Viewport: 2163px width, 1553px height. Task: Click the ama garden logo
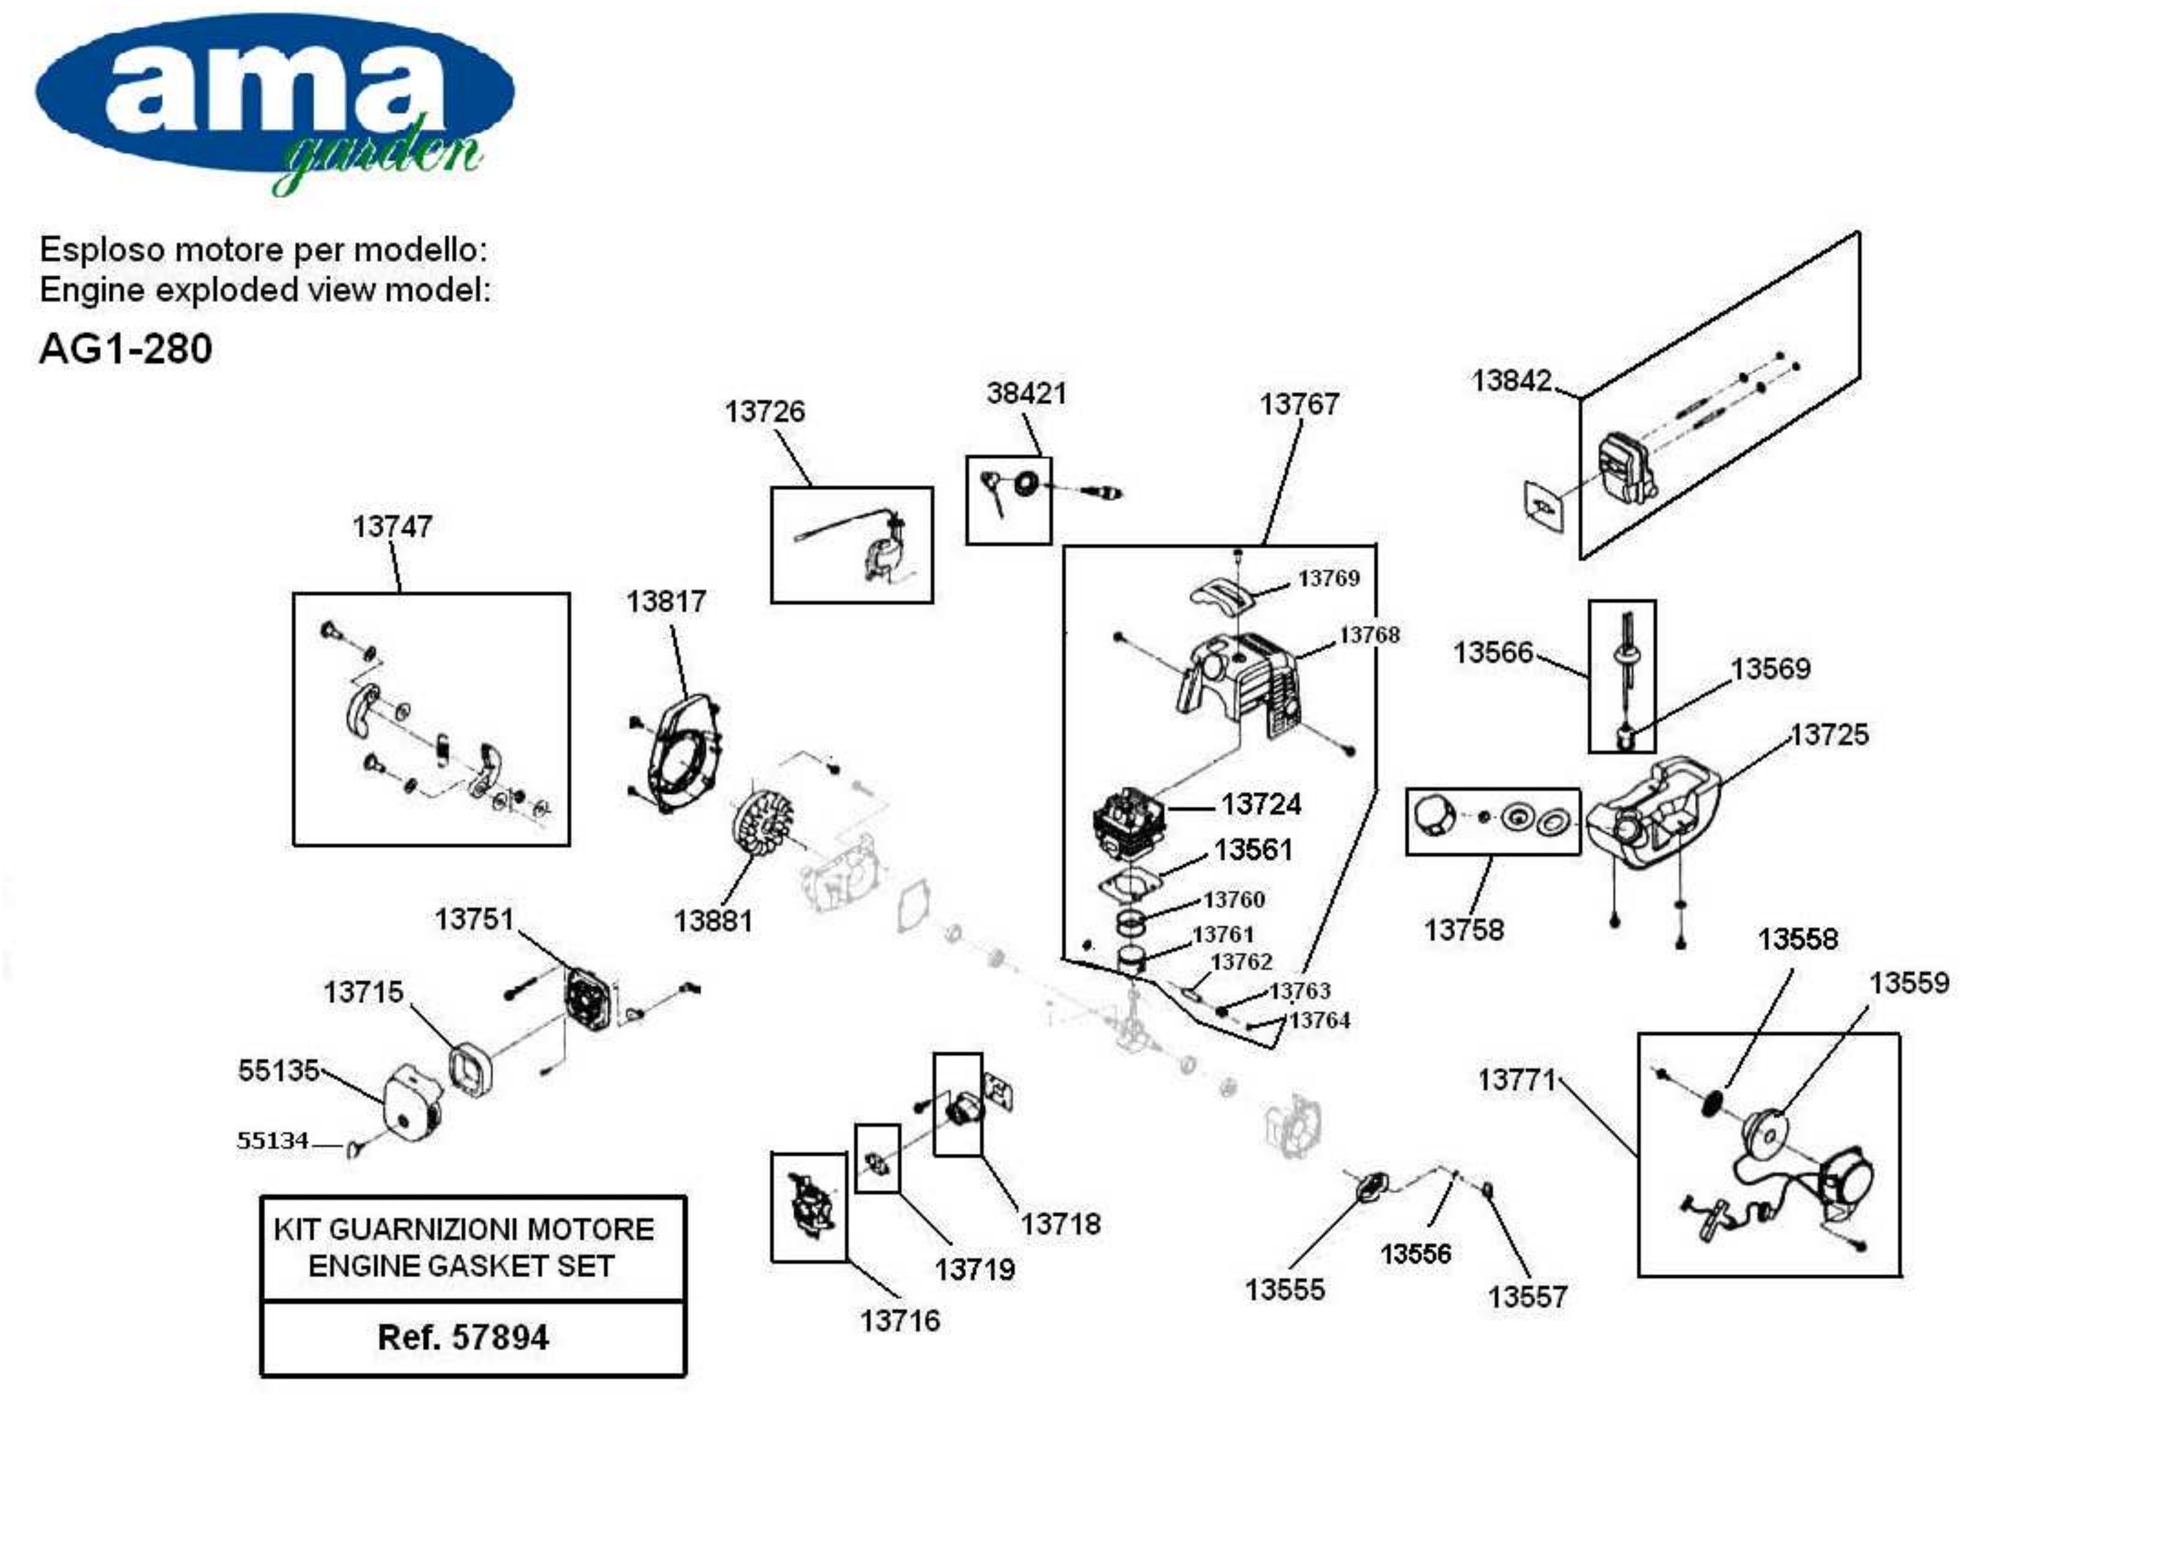click(x=275, y=100)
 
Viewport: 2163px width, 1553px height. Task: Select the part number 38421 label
click(x=1026, y=393)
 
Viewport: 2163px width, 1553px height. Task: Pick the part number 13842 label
click(x=1512, y=381)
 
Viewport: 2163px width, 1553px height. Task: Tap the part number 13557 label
click(x=1528, y=1297)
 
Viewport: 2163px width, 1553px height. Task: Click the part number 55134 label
click(x=273, y=1141)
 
